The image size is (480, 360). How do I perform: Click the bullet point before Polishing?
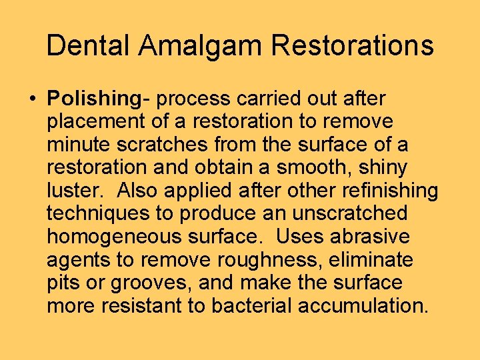pyautogui.click(x=33, y=99)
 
